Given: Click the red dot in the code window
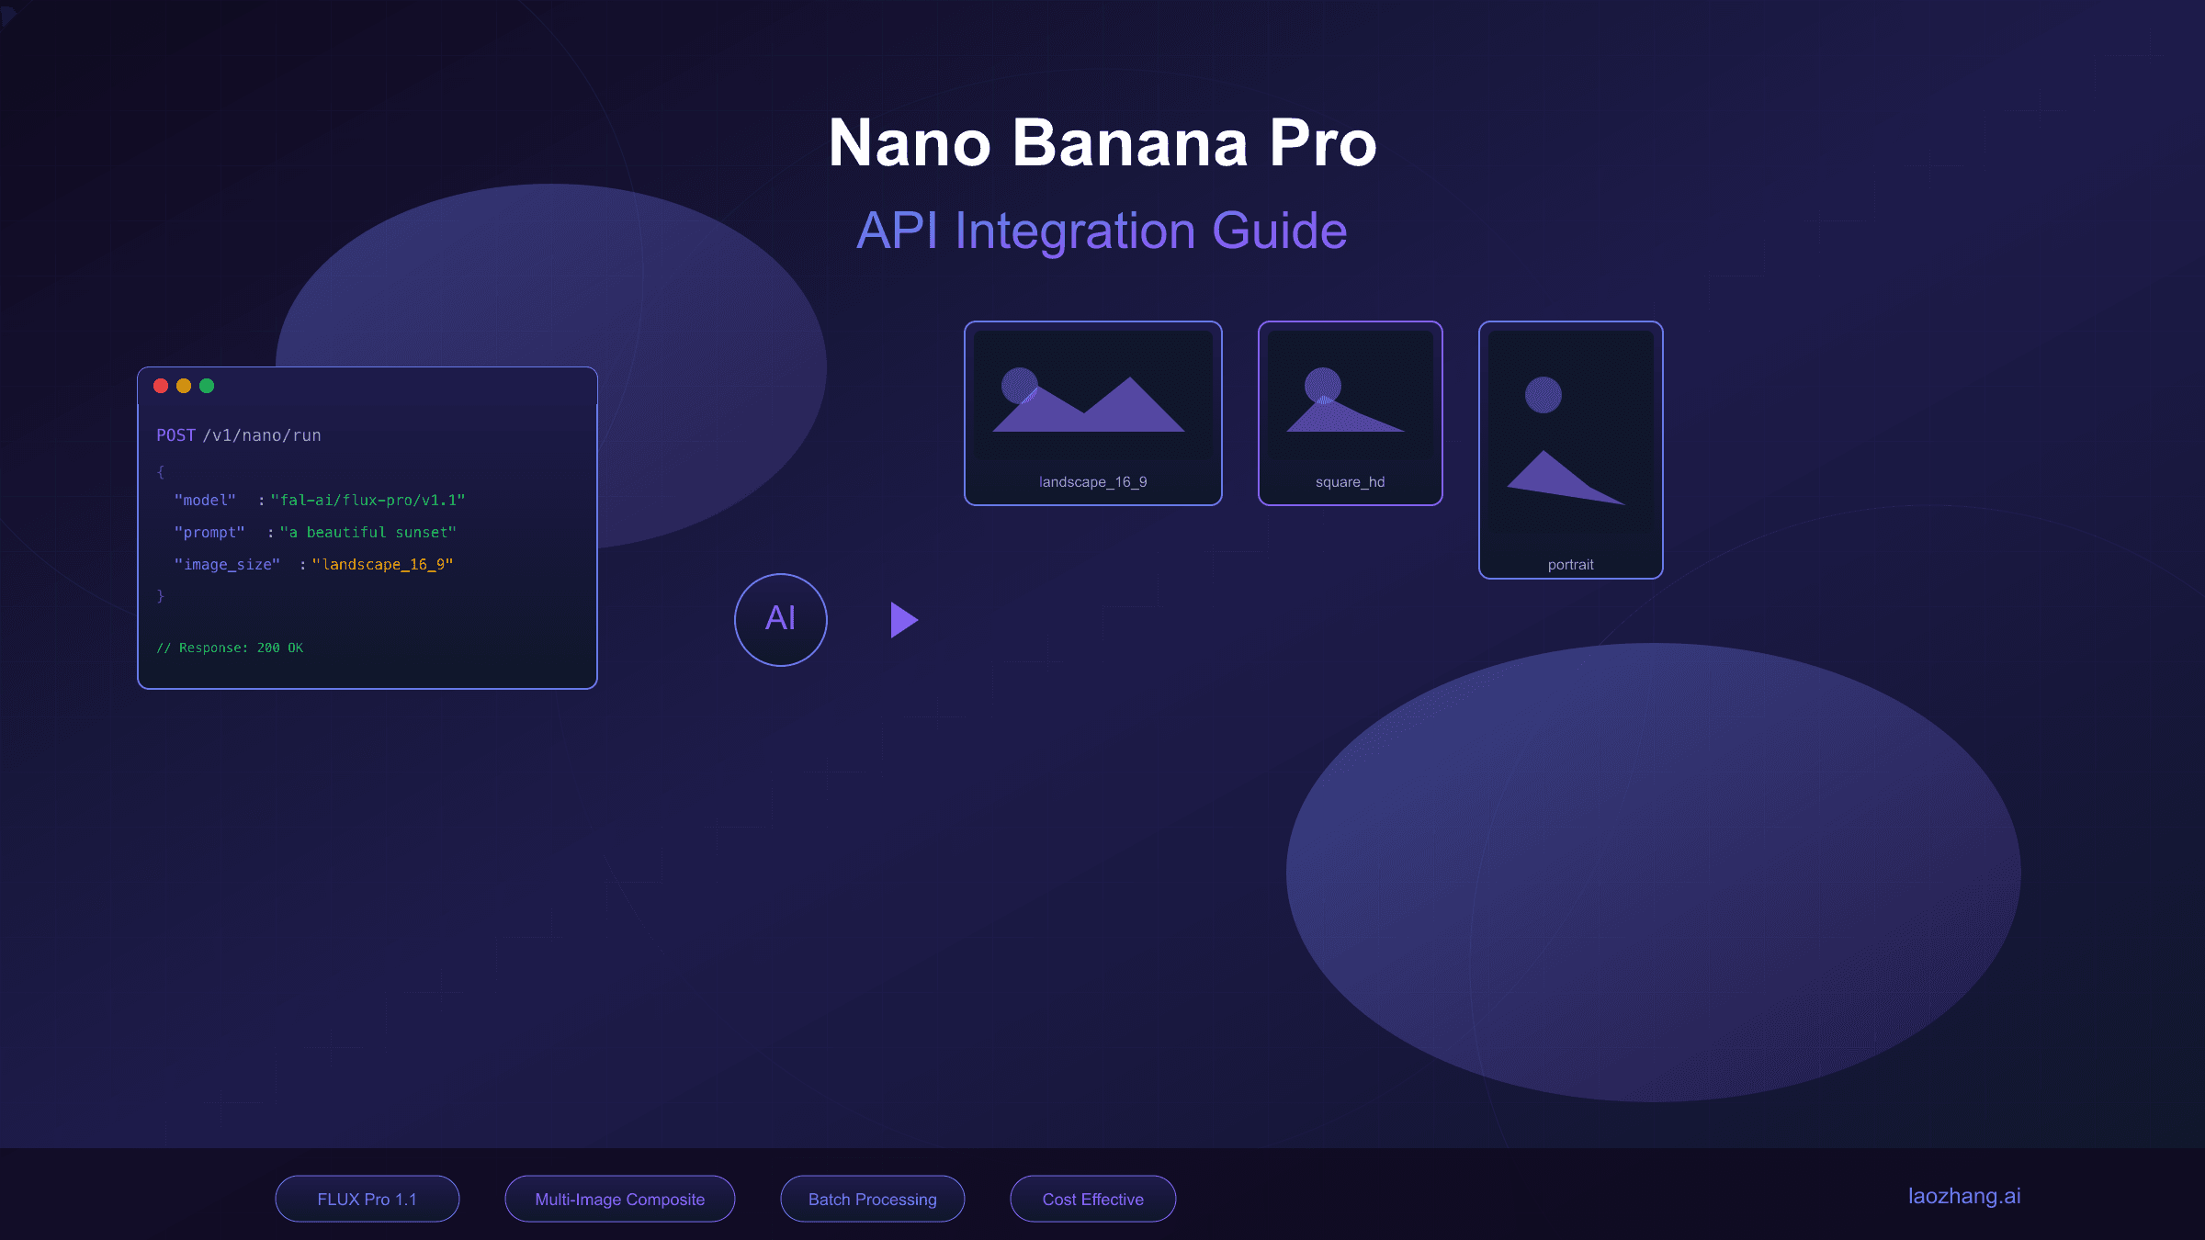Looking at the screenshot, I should point(161,386).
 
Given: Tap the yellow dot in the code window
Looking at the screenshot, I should point(184,386).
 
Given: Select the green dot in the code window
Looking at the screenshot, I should point(207,386).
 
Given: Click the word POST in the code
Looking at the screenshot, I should point(175,435).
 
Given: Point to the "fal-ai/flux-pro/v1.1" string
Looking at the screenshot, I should point(367,500).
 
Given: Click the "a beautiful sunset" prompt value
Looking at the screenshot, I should point(367,532).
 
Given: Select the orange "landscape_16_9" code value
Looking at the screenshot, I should point(382,564).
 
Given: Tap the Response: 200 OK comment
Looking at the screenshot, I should point(230,648).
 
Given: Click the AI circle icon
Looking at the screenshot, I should point(781,619).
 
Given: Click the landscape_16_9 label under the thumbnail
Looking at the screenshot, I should point(1092,482).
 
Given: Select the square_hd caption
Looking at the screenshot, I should point(1350,482).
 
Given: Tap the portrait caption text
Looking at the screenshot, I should point(1570,565).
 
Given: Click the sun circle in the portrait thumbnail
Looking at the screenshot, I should point(1543,395).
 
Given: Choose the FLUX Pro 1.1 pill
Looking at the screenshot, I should point(367,1199).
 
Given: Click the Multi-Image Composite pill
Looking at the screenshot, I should point(620,1199).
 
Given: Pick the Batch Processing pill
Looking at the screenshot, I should point(873,1199).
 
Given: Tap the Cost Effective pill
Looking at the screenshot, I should point(1093,1199).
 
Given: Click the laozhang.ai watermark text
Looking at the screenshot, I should point(1964,1196).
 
